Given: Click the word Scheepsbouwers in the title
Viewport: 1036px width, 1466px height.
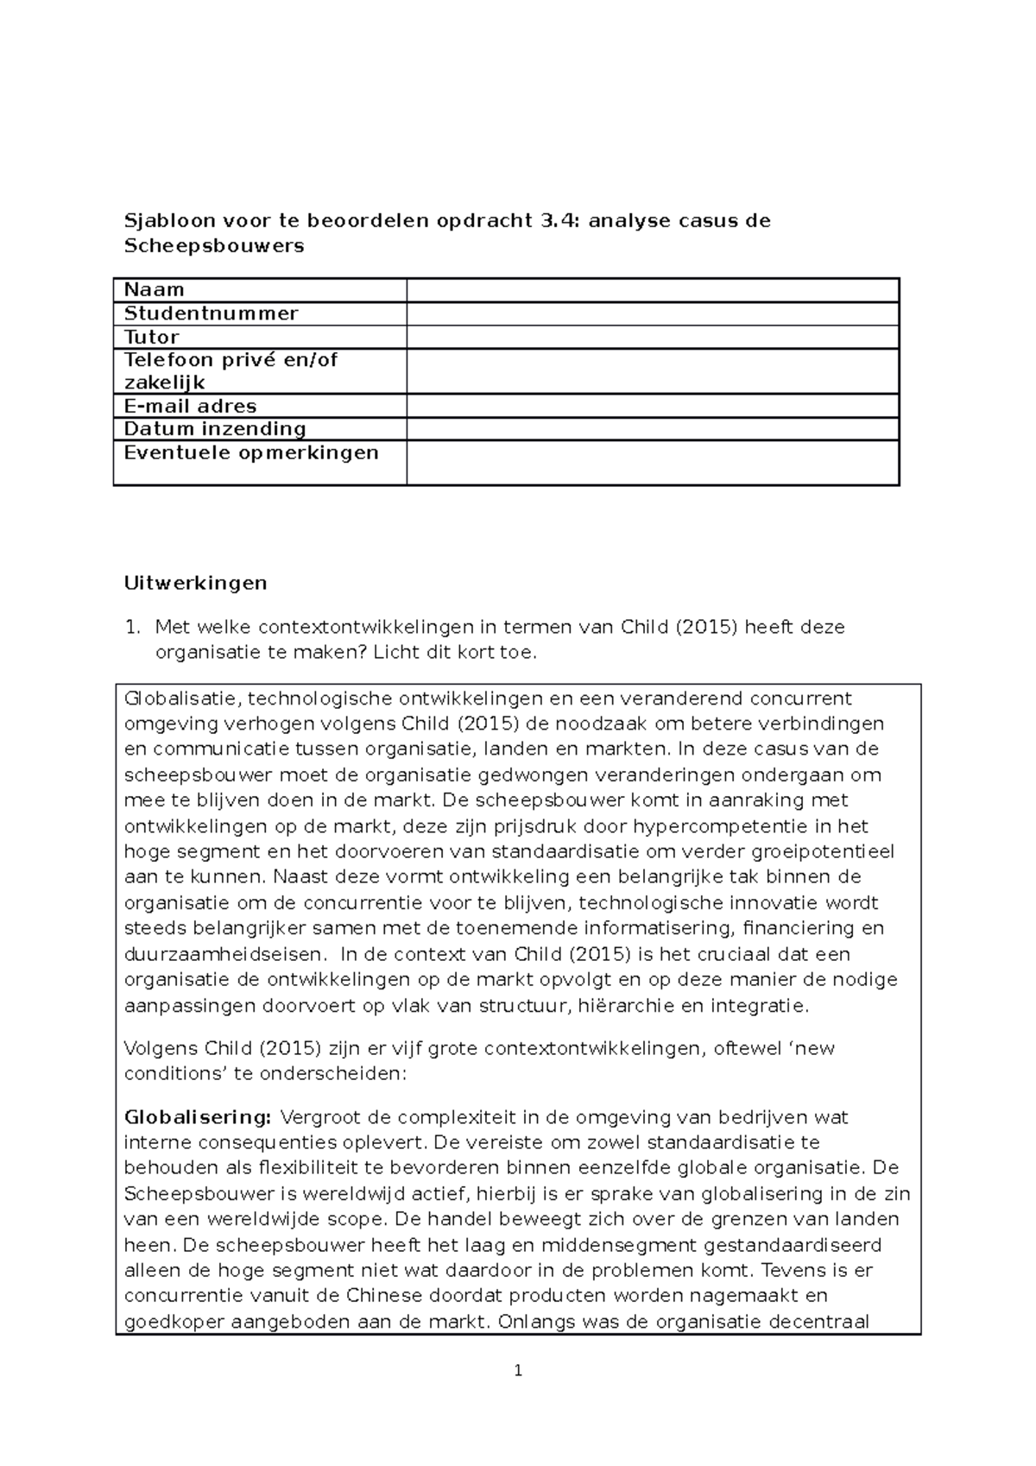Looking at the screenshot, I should click(214, 246).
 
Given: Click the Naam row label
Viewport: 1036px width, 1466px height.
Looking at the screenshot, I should click(155, 290).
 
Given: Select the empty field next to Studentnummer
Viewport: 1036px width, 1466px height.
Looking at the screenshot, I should click(652, 313).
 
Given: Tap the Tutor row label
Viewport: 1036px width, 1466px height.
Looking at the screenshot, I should click(152, 337).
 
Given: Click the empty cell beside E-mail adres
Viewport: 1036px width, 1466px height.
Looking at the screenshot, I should click(652, 406).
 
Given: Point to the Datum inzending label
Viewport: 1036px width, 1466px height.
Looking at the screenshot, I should click(215, 429).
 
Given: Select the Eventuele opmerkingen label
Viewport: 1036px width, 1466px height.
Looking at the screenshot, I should click(251, 452).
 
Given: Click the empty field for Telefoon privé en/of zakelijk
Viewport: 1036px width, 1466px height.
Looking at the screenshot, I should click(652, 371).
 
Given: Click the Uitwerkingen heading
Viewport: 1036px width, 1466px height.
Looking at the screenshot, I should click(196, 583).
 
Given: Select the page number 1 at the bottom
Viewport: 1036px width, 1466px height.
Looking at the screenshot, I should click(518, 1370).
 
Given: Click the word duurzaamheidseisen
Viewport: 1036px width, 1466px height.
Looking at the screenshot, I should click(225, 955).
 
